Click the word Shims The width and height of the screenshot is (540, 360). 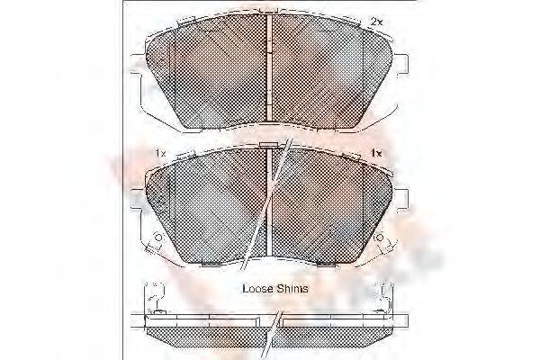click(293, 289)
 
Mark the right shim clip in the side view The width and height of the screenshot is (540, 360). click(389, 298)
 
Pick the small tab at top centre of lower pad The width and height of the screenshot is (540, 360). click(269, 146)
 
